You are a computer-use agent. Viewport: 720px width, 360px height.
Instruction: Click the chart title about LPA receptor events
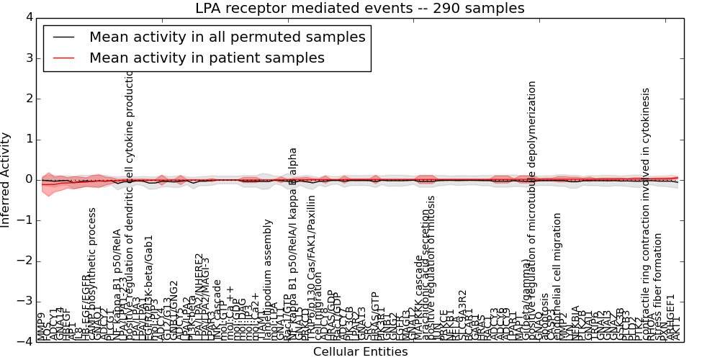point(360,8)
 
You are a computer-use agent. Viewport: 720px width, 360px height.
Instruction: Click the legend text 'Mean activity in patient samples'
point(207,58)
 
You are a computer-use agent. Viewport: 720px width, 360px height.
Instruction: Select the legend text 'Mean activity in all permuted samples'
point(228,37)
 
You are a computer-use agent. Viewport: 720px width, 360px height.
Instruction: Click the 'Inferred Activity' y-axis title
point(6,179)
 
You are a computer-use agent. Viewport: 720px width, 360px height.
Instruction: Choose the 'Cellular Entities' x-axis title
point(360,352)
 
